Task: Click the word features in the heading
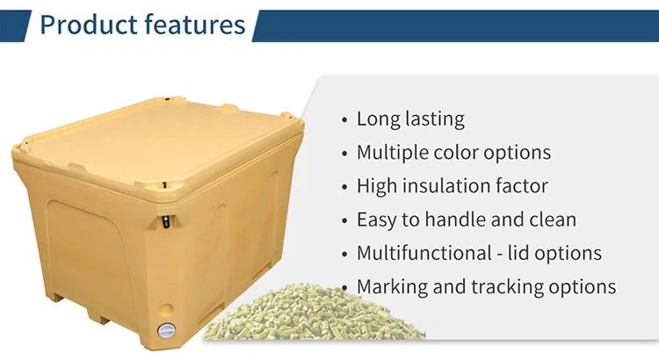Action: click(x=187, y=25)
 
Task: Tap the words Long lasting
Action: click(x=410, y=119)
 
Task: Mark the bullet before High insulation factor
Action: click(x=343, y=187)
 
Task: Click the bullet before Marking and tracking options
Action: click(x=343, y=287)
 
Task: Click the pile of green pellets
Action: click(x=290, y=316)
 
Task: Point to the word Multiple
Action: click(x=394, y=153)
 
